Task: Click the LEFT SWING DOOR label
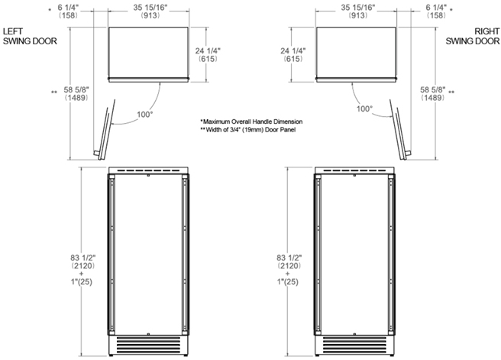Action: pyautogui.click(x=30, y=36)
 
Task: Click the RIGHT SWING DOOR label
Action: pyautogui.click(x=473, y=36)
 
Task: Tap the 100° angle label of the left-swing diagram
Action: pyautogui.click(x=145, y=114)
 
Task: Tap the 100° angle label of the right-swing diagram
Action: pyautogui.click(x=364, y=109)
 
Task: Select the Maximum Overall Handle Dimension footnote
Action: pyautogui.click(x=251, y=122)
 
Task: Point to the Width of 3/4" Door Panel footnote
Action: pyautogui.click(x=247, y=130)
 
